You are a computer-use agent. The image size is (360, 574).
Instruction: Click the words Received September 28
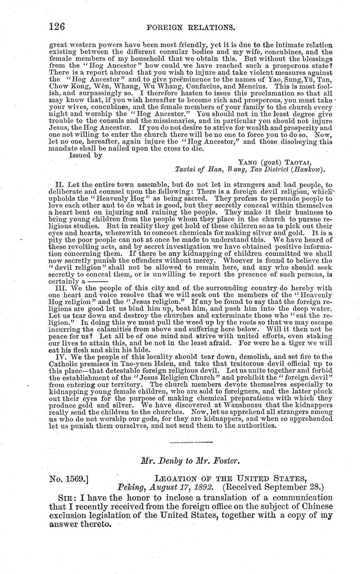pos(273,487)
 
